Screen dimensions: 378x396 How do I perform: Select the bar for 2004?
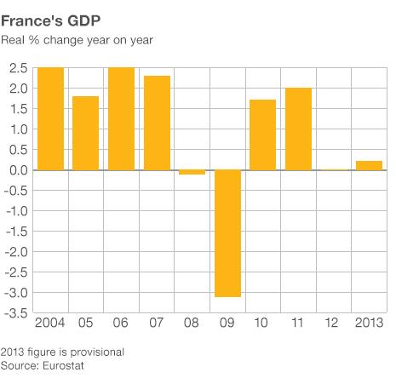tap(50, 119)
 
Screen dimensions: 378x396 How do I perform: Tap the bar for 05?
tap(85, 134)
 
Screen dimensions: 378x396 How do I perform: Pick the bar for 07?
tap(157, 123)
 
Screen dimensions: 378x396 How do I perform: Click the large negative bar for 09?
tap(227, 233)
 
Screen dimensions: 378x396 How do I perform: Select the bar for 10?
tap(263, 135)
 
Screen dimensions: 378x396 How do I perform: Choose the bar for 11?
tap(298, 129)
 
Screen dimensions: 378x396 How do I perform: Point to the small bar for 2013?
tap(369, 166)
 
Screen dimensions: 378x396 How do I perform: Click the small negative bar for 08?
tap(192, 172)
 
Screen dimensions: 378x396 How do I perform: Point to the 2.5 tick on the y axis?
tap(16, 69)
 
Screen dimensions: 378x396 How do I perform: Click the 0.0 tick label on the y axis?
tap(16, 171)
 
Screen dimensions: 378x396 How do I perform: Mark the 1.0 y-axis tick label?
tap(16, 130)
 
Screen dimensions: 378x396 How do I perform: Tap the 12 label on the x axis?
tap(334, 324)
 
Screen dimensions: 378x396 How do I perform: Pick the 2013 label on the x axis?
tap(369, 324)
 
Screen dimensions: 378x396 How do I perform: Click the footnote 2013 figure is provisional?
tap(63, 352)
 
